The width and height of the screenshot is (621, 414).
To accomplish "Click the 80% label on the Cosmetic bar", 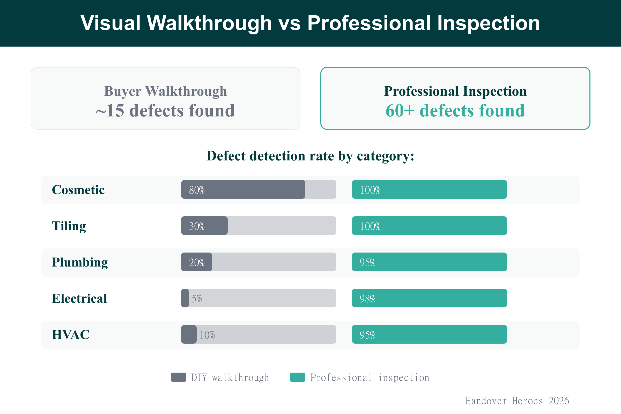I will (x=197, y=190).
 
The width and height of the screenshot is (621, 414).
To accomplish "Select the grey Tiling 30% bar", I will (x=204, y=226).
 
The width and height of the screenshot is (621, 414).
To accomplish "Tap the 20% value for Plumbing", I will (x=197, y=262).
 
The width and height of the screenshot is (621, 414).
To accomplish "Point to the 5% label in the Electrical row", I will (x=197, y=299).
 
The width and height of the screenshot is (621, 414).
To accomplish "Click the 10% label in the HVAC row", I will (x=207, y=335).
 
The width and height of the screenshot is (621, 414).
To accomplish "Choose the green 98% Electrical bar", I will (x=429, y=298).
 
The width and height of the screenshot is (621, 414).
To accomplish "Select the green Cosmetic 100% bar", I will (x=429, y=190).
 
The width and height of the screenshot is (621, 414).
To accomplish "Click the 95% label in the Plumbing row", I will (x=367, y=262).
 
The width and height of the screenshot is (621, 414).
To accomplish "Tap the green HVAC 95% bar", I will (x=429, y=334).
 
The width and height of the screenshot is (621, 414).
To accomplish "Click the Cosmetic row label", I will (x=78, y=190).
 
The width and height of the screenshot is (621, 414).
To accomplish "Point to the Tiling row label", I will (x=69, y=226).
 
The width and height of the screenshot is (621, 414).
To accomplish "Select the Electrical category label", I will (x=79, y=298).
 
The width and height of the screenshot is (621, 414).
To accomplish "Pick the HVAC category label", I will (x=71, y=335).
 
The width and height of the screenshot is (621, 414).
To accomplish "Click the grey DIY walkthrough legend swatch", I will (x=179, y=377).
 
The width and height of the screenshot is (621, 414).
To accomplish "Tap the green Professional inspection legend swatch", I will (x=298, y=377).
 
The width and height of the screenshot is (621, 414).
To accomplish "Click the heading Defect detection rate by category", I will (x=310, y=156).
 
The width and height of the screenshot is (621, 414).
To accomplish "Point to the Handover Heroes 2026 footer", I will (x=517, y=401).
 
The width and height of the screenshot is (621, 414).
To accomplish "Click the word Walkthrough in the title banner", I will (x=209, y=23).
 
